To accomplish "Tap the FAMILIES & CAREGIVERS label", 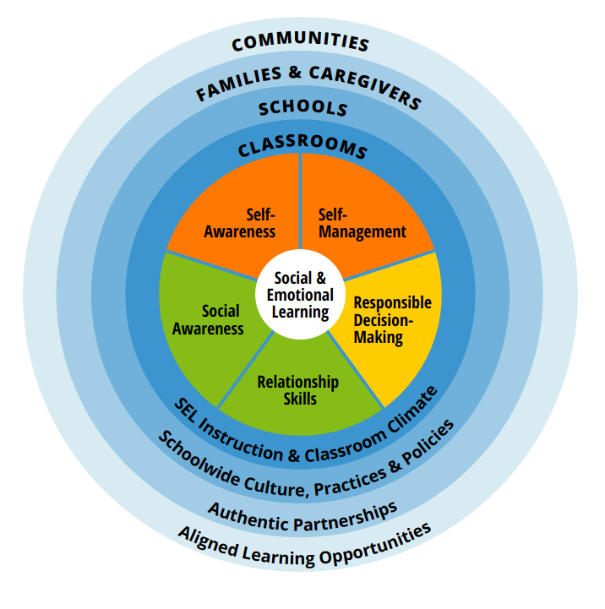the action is pos(308,82).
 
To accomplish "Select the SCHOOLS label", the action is pos(302,109).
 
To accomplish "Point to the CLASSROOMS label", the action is pos(302,148).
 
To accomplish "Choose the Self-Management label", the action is pos(362,223).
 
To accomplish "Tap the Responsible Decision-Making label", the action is pos(391,320).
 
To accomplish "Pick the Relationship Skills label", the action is pos(297,389).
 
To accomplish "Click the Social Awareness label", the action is pos(208,320).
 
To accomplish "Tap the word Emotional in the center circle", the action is pos(300,295).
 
